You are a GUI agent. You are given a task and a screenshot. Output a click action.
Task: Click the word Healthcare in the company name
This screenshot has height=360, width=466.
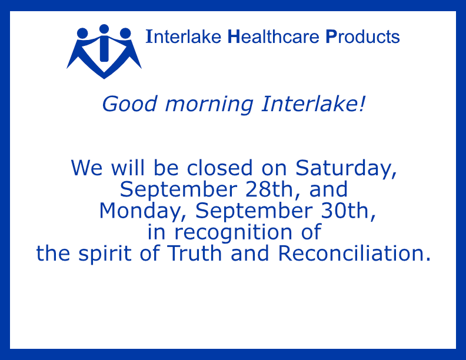pos(274,36)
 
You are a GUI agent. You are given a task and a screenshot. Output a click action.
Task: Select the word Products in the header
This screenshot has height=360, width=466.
pos(362,36)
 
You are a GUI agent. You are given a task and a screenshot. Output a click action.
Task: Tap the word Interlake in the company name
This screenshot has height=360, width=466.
pos(184,36)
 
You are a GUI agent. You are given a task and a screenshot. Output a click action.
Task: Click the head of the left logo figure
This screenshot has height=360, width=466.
pos(82,34)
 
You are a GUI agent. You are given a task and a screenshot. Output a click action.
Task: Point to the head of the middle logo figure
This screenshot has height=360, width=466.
pos(104,29)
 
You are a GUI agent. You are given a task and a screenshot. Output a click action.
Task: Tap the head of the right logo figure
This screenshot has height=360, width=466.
pos(125,34)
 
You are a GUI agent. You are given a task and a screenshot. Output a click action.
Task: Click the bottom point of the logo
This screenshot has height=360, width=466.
pos(104,79)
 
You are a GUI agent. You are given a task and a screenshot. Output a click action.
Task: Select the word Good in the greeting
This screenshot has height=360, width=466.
pos(129,104)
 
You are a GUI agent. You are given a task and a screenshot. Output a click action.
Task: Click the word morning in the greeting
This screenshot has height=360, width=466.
pos(209,105)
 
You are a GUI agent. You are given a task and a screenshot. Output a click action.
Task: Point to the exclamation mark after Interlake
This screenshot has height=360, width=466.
pos(361,104)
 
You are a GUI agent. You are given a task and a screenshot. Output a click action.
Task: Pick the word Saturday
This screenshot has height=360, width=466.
pos(346,169)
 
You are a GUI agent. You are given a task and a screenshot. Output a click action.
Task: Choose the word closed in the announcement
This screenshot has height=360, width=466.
pos(220,168)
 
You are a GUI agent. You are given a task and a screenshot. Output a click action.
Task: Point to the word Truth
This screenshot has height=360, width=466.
pos(194,254)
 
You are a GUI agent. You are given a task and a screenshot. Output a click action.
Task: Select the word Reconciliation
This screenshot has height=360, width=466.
pos(354,254)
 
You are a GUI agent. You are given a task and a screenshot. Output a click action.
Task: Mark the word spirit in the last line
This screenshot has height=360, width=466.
pos(105,254)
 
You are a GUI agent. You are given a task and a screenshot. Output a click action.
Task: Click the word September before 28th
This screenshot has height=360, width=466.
pos(179,190)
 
